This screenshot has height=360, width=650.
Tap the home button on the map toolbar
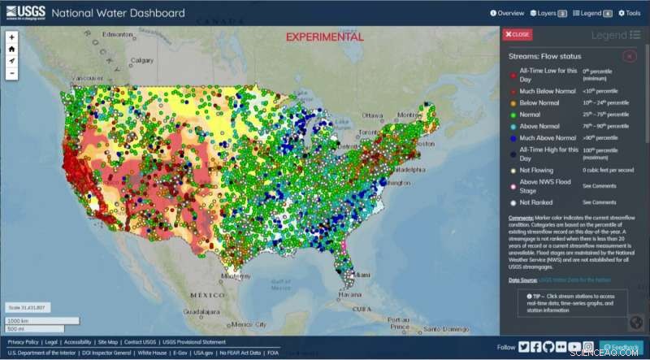11,49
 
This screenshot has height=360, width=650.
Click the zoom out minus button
11,73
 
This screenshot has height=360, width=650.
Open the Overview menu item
507,13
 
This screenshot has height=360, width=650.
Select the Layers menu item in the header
548,13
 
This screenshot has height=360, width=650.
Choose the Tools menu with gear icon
629,13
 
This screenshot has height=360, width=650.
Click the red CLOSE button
517,34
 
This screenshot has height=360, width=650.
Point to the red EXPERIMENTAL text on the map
325,37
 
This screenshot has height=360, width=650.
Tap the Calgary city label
143,60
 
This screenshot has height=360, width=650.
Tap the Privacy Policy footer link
23,343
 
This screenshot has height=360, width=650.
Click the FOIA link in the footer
273,353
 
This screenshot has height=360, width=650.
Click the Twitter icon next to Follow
524,347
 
